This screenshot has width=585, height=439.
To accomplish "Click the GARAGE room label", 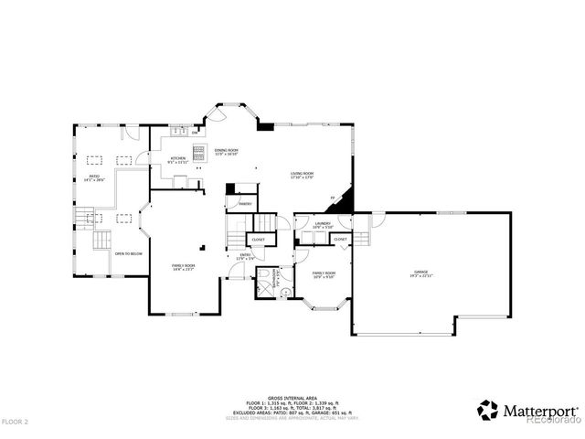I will (x=420, y=273).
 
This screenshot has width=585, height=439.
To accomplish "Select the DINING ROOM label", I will (x=226, y=151).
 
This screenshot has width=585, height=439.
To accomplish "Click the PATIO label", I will (x=94, y=177).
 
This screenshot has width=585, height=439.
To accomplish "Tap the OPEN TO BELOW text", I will (x=128, y=253).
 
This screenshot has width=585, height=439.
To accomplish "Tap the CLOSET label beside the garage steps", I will (x=340, y=240).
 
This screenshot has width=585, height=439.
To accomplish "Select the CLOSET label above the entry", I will (x=257, y=240).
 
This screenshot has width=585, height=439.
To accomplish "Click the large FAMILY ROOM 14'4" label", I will (x=183, y=267).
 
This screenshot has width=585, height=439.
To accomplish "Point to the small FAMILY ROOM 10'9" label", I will (x=324, y=274).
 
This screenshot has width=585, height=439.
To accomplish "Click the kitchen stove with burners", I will (x=198, y=152).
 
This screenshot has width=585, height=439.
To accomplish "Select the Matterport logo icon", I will (x=488, y=410).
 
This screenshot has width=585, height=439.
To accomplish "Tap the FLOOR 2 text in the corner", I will (x=16, y=422).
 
